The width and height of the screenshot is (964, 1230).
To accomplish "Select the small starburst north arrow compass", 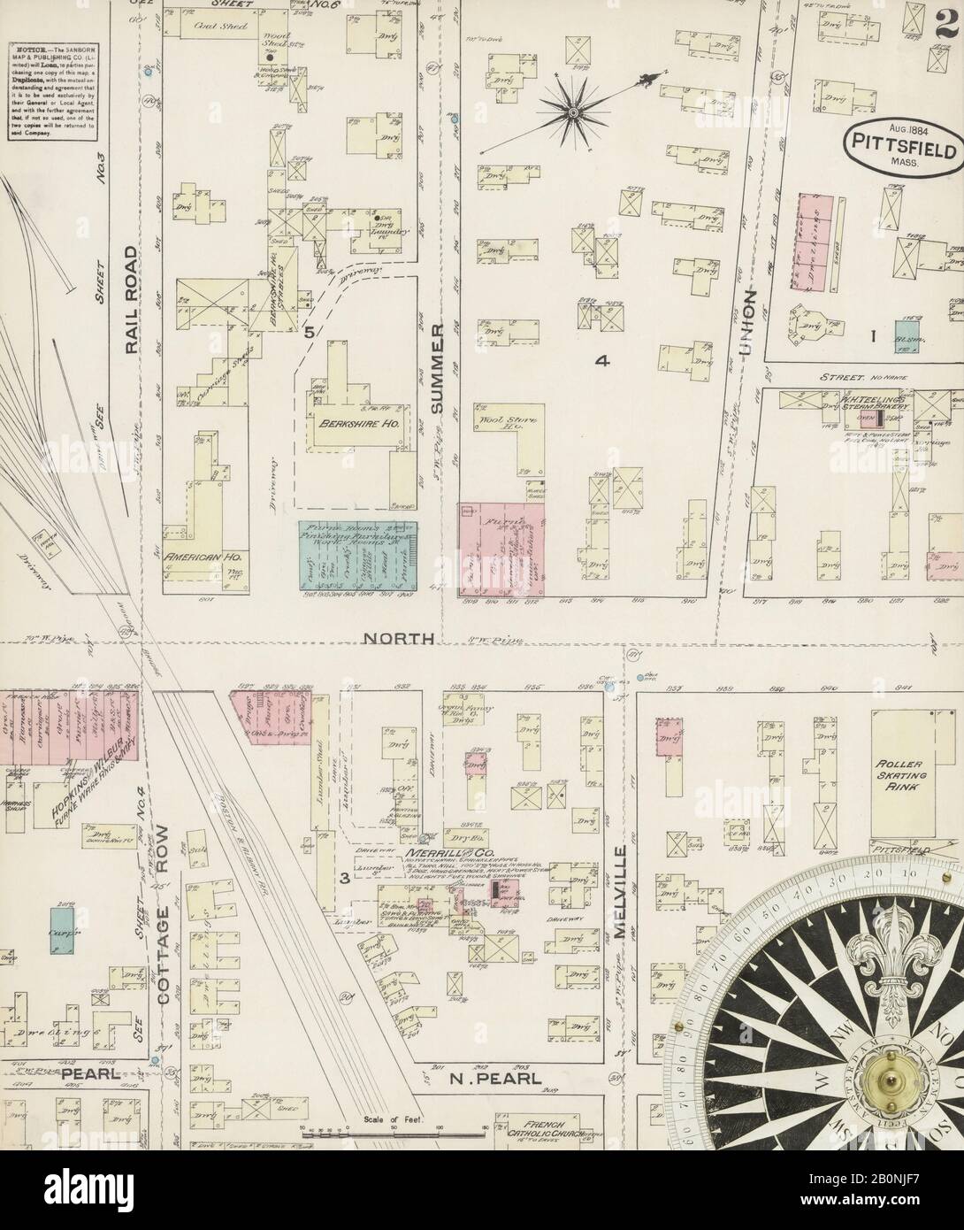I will [572, 111].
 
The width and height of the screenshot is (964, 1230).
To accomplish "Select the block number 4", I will [603, 361].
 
